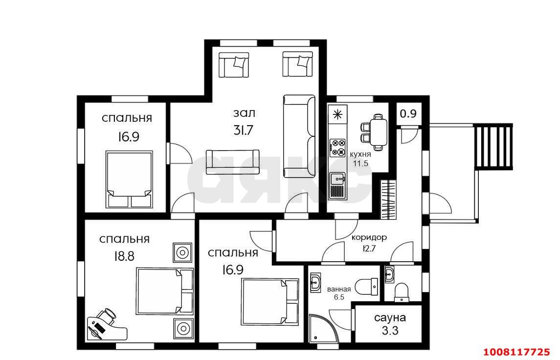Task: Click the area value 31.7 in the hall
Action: [244, 130]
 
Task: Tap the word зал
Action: [244, 113]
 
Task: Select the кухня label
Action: [360, 154]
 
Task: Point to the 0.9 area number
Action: [408, 113]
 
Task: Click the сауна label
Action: [390, 317]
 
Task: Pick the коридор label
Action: [369, 238]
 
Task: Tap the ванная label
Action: [339, 289]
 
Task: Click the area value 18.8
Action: [124, 256]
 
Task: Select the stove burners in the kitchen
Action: [337, 147]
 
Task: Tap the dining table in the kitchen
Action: [378, 132]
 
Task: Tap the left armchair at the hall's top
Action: [234, 64]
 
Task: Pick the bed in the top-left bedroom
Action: [129, 180]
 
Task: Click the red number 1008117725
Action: [516, 351]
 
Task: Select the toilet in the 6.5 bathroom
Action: [368, 287]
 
